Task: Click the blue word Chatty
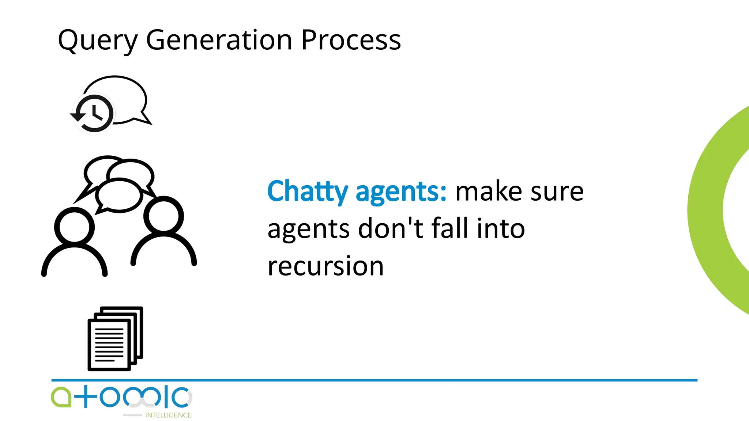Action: coord(308,191)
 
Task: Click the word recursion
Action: coord(325,266)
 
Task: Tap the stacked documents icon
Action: coord(115,339)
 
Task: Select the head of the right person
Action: coord(163,216)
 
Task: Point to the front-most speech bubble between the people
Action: coord(119,196)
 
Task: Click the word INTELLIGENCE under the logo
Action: coord(168,415)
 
